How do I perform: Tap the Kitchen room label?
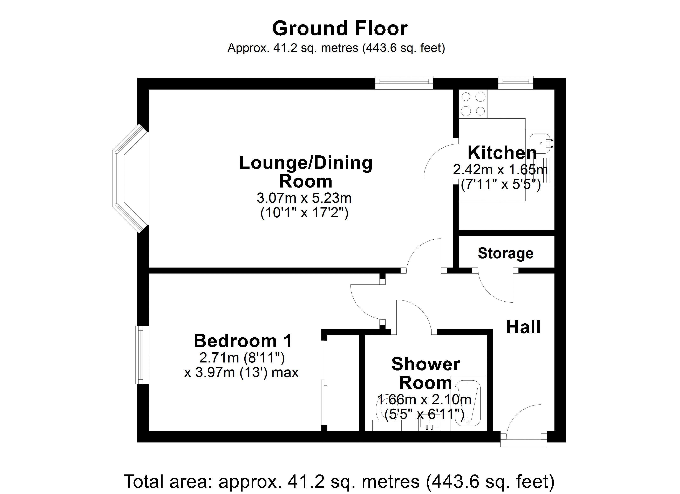(502, 153)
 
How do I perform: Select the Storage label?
(505, 253)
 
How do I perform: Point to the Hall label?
(523, 327)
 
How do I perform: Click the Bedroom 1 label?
(243, 341)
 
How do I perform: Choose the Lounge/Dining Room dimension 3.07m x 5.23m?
(304, 198)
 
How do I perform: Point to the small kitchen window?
(516, 82)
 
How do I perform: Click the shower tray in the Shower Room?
(468, 403)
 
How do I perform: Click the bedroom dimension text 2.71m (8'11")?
(242, 357)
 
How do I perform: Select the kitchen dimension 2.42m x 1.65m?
(500, 170)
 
